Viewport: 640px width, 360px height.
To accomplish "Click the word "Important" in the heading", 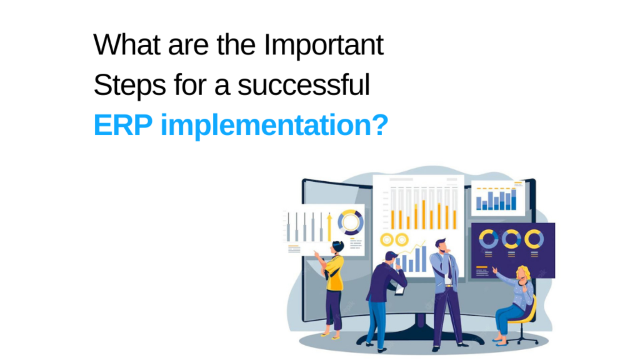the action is pyautogui.click(x=323, y=46).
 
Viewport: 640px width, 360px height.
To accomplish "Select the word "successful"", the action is pyautogui.click(x=304, y=84).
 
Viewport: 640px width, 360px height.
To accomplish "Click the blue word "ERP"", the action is pyautogui.click(x=123, y=125).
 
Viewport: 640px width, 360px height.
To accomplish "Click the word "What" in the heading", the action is pyautogui.click(x=127, y=44).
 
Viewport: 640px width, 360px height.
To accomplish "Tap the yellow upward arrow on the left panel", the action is pyautogui.click(x=329, y=227).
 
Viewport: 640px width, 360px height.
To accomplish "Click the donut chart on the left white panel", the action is pyautogui.click(x=351, y=222).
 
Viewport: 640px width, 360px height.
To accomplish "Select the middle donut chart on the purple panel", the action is pyautogui.click(x=511, y=239).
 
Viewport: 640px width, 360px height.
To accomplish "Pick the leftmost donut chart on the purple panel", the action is pyautogui.click(x=488, y=239).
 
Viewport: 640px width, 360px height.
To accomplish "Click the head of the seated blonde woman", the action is pyautogui.click(x=522, y=274).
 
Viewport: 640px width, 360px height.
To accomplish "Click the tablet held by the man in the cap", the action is pyautogui.click(x=399, y=289).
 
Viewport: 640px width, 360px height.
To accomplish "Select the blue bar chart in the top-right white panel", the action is pyautogui.click(x=496, y=199).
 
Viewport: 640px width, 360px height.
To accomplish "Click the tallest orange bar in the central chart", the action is pyautogui.click(x=424, y=214).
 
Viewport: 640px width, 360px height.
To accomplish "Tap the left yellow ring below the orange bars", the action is pyautogui.click(x=386, y=239).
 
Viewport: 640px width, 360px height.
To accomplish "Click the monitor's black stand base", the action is pyautogui.click(x=421, y=336).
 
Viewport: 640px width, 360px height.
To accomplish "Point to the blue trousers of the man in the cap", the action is pyautogui.click(x=376, y=323).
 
